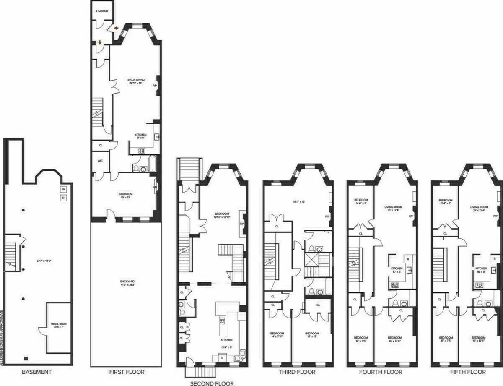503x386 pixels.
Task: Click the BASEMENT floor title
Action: pos(37,372)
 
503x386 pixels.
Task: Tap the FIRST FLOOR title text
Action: pos(126,372)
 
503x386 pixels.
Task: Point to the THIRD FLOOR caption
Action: pos(297,372)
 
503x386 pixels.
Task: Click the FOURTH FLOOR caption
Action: pos(381,372)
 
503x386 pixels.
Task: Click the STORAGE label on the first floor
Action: pos(101,10)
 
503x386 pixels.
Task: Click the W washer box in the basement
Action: pos(64,189)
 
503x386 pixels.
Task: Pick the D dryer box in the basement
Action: pos(64,198)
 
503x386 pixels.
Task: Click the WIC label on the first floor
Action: pos(100,160)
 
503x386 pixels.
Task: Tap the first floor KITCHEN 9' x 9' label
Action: pos(141,137)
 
